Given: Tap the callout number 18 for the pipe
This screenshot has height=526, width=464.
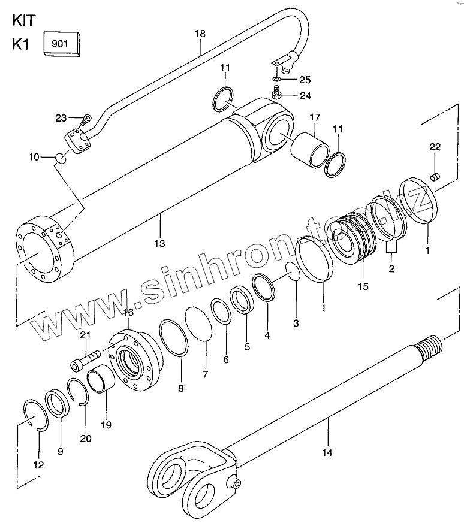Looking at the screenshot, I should [200, 34].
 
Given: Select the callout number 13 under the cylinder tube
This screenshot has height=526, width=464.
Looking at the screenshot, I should [159, 243].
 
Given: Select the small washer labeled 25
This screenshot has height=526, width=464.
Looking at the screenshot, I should [276, 79].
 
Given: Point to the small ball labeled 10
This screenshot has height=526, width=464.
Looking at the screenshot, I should [61, 158].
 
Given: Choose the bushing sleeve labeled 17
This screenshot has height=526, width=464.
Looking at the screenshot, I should [311, 150].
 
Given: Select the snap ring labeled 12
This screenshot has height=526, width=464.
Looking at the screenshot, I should [35, 415].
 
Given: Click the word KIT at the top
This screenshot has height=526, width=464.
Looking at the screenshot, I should [24, 20].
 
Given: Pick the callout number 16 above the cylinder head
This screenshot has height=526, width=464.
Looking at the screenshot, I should [128, 312].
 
